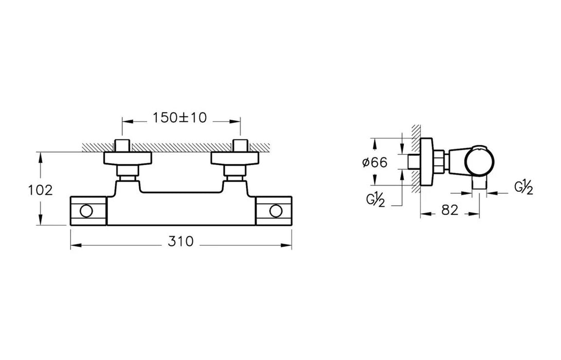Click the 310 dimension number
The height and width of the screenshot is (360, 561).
tap(180, 242)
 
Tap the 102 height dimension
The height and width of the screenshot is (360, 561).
tap(40, 190)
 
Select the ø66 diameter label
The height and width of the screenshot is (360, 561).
tap(374, 163)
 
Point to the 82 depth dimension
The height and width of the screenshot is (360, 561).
tap(450, 210)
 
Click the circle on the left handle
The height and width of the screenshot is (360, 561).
tap(86, 211)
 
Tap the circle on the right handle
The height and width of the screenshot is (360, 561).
tap(276, 211)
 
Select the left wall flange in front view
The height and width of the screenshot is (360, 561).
tap(128, 158)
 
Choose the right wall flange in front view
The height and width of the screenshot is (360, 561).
tap(234, 158)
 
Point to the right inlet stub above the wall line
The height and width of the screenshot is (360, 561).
tap(240, 146)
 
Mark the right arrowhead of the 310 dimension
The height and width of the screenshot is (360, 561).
tap(286, 245)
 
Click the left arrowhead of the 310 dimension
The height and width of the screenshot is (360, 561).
tap(76, 245)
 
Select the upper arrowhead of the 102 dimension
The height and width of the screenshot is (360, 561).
tap(41, 158)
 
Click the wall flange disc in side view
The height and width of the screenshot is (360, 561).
tap(427, 162)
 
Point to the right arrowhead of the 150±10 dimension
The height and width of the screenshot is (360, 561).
tap(234, 121)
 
